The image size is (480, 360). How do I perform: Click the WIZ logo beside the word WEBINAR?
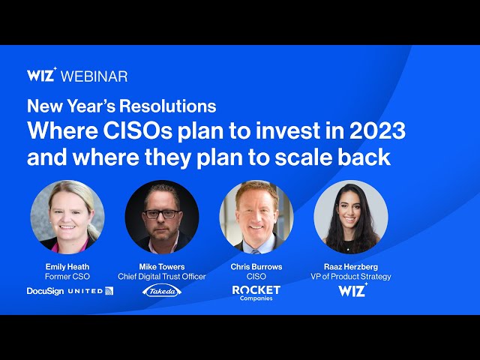[x=41, y=75]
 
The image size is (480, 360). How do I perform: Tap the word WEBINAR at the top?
[x=94, y=76]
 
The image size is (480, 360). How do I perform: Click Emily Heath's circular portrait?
[x=67, y=217]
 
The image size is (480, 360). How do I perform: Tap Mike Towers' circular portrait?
[x=162, y=217]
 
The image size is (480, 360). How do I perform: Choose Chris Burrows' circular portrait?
[x=256, y=217]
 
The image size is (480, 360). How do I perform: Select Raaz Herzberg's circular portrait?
[x=351, y=217]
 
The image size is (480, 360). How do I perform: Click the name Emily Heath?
[x=67, y=266]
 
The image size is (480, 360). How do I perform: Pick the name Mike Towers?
[x=162, y=266]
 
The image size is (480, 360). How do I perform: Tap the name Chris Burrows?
[x=256, y=266]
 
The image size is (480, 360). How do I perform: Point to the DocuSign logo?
[x=45, y=291]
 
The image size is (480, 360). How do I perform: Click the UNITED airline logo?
[x=91, y=291]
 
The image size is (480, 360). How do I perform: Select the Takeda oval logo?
[x=162, y=291]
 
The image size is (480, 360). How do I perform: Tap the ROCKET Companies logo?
[x=256, y=292]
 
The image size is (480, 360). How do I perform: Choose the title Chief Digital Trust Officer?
[x=162, y=277]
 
